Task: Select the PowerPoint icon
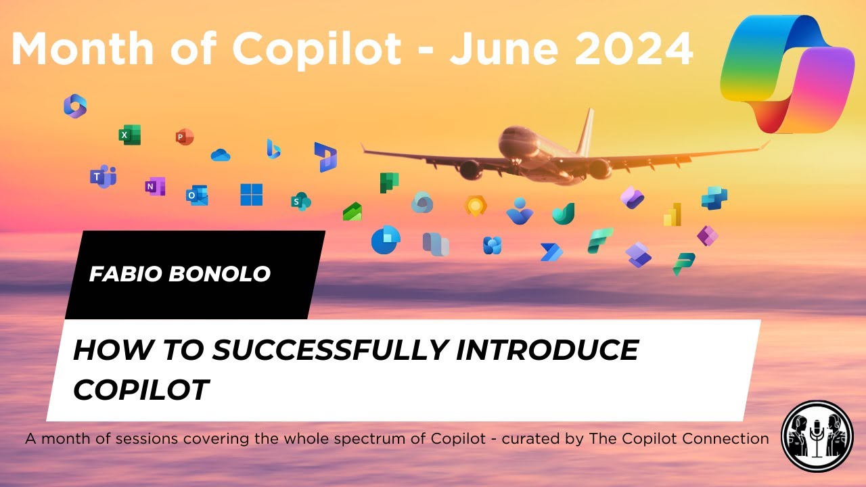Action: point(184,137)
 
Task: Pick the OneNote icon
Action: point(155,186)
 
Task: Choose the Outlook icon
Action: point(197,195)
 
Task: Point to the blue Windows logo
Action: point(251,195)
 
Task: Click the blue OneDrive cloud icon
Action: point(221,156)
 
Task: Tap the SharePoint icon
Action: point(300,201)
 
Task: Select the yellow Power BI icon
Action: point(672,215)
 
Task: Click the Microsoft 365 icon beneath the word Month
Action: point(75,106)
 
